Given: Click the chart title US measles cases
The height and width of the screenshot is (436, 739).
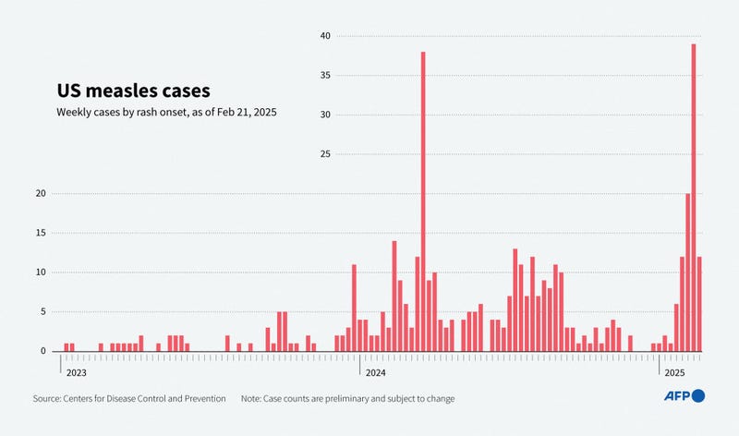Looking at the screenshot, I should [133, 91].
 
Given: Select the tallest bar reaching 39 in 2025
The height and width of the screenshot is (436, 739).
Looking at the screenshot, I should [694, 198].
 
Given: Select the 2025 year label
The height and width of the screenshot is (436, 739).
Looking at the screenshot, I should [672, 372].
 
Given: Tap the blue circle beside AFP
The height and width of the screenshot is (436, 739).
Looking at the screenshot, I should [698, 396].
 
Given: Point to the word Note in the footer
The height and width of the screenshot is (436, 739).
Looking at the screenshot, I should [252, 398].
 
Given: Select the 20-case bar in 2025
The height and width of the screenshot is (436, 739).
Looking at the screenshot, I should [688, 272].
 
